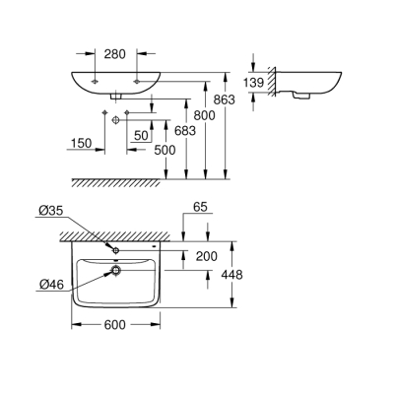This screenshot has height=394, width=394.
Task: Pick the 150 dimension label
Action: click(83, 144)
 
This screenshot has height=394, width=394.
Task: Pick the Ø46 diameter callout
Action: click(54, 285)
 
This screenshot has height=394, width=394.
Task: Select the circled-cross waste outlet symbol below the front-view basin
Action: click(115, 118)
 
